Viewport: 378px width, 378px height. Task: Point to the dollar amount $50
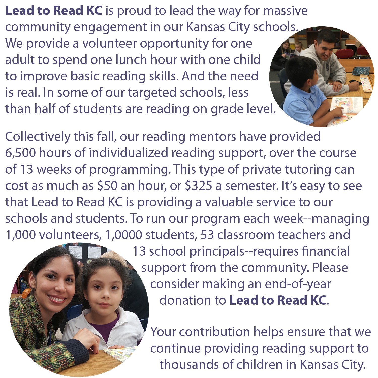(x=107, y=186)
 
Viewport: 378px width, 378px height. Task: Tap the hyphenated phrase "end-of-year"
(x=298, y=284)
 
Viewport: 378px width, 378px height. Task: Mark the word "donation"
(x=193, y=300)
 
